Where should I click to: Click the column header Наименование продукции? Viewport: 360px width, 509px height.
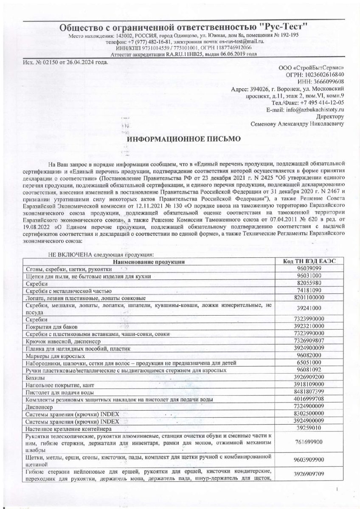pyautogui.click(x=149, y=261)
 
